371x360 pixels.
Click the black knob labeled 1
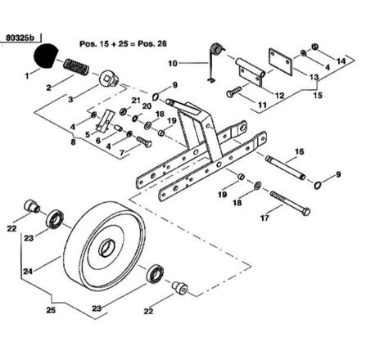click(x=45, y=55)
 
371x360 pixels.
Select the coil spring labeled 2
click(x=76, y=67)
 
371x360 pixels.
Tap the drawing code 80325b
click(x=20, y=38)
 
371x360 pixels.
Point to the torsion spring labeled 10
click(x=215, y=61)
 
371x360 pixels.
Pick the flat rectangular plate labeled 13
click(x=280, y=61)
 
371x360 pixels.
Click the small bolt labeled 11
click(x=234, y=92)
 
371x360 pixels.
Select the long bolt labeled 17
click(x=290, y=204)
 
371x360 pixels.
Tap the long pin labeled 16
click(x=285, y=167)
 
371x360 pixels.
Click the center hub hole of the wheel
click(x=106, y=248)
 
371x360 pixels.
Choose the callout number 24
click(x=28, y=272)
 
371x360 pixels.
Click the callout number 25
click(x=51, y=310)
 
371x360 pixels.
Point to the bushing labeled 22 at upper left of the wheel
click(x=31, y=206)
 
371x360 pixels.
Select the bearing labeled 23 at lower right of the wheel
click(x=155, y=273)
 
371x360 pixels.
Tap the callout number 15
click(x=318, y=95)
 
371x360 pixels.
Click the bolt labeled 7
click(x=144, y=142)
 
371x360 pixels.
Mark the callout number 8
click(x=73, y=142)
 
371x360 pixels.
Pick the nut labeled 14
click(x=314, y=47)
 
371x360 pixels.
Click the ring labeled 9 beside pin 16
click(x=317, y=185)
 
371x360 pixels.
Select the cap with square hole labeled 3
click(x=108, y=79)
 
